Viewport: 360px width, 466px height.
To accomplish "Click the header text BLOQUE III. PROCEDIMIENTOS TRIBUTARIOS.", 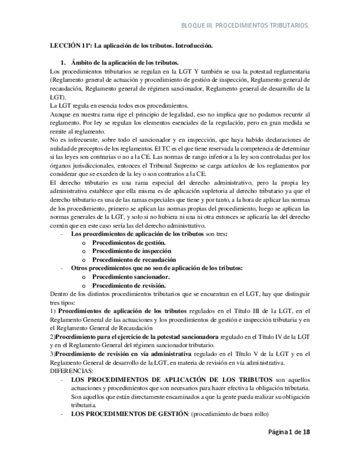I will click(x=244, y=25).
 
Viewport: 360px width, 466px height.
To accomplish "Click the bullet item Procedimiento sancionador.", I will click(x=130, y=277).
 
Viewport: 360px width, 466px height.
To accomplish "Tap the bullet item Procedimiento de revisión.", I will click(x=129, y=286).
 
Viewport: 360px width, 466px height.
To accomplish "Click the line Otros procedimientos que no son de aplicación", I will click(x=157, y=268).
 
